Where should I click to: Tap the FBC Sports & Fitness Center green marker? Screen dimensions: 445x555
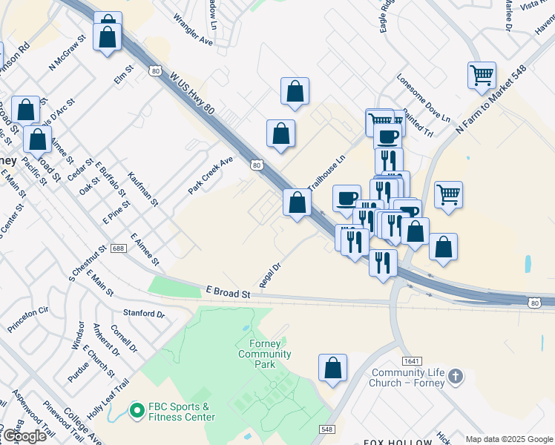pyautogui.click(x=136, y=409)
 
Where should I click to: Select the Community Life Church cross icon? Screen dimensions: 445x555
pyautogui.click(x=456, y=377)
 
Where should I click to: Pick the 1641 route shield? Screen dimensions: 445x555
pyautogui.click(x=413, y=360)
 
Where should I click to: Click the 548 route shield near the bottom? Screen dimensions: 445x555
pyautogui.click(x=327, y=429)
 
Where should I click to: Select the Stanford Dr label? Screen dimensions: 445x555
pyautogui.click(x=143, y=314)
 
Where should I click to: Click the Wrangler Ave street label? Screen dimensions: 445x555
pyautogui.click(x=193, y=30)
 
